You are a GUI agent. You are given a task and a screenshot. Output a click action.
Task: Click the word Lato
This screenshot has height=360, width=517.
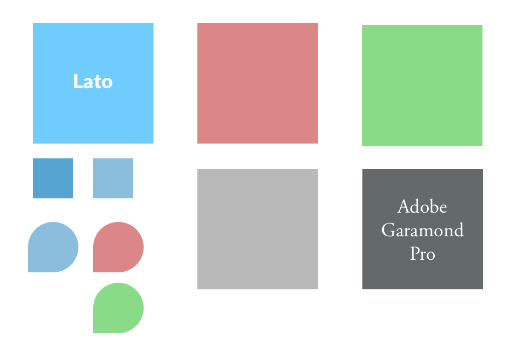tap(93, 82)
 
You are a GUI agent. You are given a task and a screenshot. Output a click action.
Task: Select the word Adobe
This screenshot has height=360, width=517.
tap(422, 207)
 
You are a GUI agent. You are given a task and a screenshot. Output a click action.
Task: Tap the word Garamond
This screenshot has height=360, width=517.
tap(422, 230)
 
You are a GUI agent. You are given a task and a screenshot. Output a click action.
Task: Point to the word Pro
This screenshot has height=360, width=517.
tap(422, 254)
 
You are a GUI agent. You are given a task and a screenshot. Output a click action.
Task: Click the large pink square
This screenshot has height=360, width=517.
tap(258, 83)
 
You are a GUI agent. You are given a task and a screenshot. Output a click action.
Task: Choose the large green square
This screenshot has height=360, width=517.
tap(422, 85)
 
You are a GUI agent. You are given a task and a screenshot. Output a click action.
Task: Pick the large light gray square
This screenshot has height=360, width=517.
tap(258, 229)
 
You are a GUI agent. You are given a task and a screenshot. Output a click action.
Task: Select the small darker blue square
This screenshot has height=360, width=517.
tap(53, 178)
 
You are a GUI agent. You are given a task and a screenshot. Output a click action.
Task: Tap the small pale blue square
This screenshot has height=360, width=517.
tap(113, 178)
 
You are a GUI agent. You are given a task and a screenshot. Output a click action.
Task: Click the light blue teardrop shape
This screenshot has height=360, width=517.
tap(53, 247)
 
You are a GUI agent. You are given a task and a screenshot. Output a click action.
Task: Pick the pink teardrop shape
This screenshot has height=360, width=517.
tap(118, 247)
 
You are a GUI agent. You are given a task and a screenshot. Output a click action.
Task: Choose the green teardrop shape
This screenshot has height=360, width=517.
tap(118, 308)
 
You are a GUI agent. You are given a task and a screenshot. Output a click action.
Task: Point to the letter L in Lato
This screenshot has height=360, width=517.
tap(77, 82)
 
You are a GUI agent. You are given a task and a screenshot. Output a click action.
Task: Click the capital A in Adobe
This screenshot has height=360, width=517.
tap(404, 207)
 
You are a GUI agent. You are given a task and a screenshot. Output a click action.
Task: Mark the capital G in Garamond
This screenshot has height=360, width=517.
tap(388, 230)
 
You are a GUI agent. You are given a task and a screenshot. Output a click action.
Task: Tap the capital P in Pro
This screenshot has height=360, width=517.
tap(414, 254)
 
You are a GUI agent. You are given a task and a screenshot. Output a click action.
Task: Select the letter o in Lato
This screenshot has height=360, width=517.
tap(107, 83)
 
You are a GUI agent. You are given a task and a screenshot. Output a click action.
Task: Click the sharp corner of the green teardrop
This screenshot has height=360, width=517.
tap(94, 332)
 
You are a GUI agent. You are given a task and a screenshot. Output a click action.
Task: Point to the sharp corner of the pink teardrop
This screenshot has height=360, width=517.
tap(94, 271)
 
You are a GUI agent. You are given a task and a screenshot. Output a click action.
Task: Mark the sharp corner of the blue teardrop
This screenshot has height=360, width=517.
tap(29, 271)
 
